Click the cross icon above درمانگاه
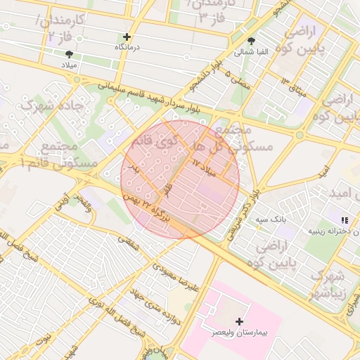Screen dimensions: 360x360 127,37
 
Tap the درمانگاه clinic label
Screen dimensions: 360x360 128,47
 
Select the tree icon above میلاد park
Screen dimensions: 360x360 69,53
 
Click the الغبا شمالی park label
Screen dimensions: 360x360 251,52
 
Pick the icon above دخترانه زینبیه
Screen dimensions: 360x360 344,220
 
